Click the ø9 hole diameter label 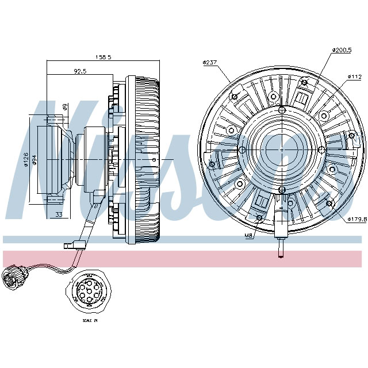pos(65,107)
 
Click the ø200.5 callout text pos(342,51)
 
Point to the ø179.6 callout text pos(356,218)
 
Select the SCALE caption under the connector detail pos(90,320)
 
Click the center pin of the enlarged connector pos(90,291)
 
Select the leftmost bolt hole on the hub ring pos(241,149)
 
